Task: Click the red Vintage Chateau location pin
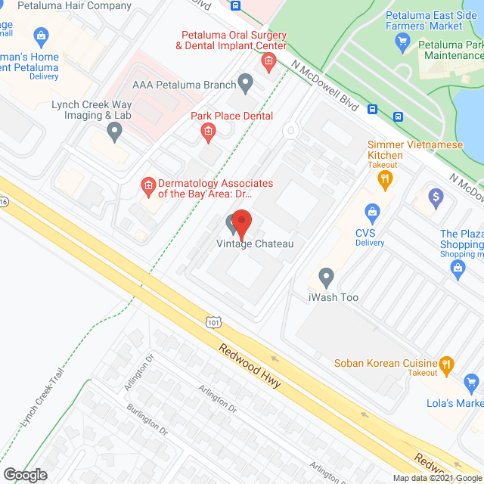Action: [241, 225]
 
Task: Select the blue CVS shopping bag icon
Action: [371, 211]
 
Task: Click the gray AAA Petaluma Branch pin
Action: [245, 82]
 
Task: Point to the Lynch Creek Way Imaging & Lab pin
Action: [114, 132]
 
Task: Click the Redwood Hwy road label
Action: [250, 367]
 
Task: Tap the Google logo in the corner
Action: [24, 475]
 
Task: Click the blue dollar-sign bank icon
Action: [435, 199]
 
